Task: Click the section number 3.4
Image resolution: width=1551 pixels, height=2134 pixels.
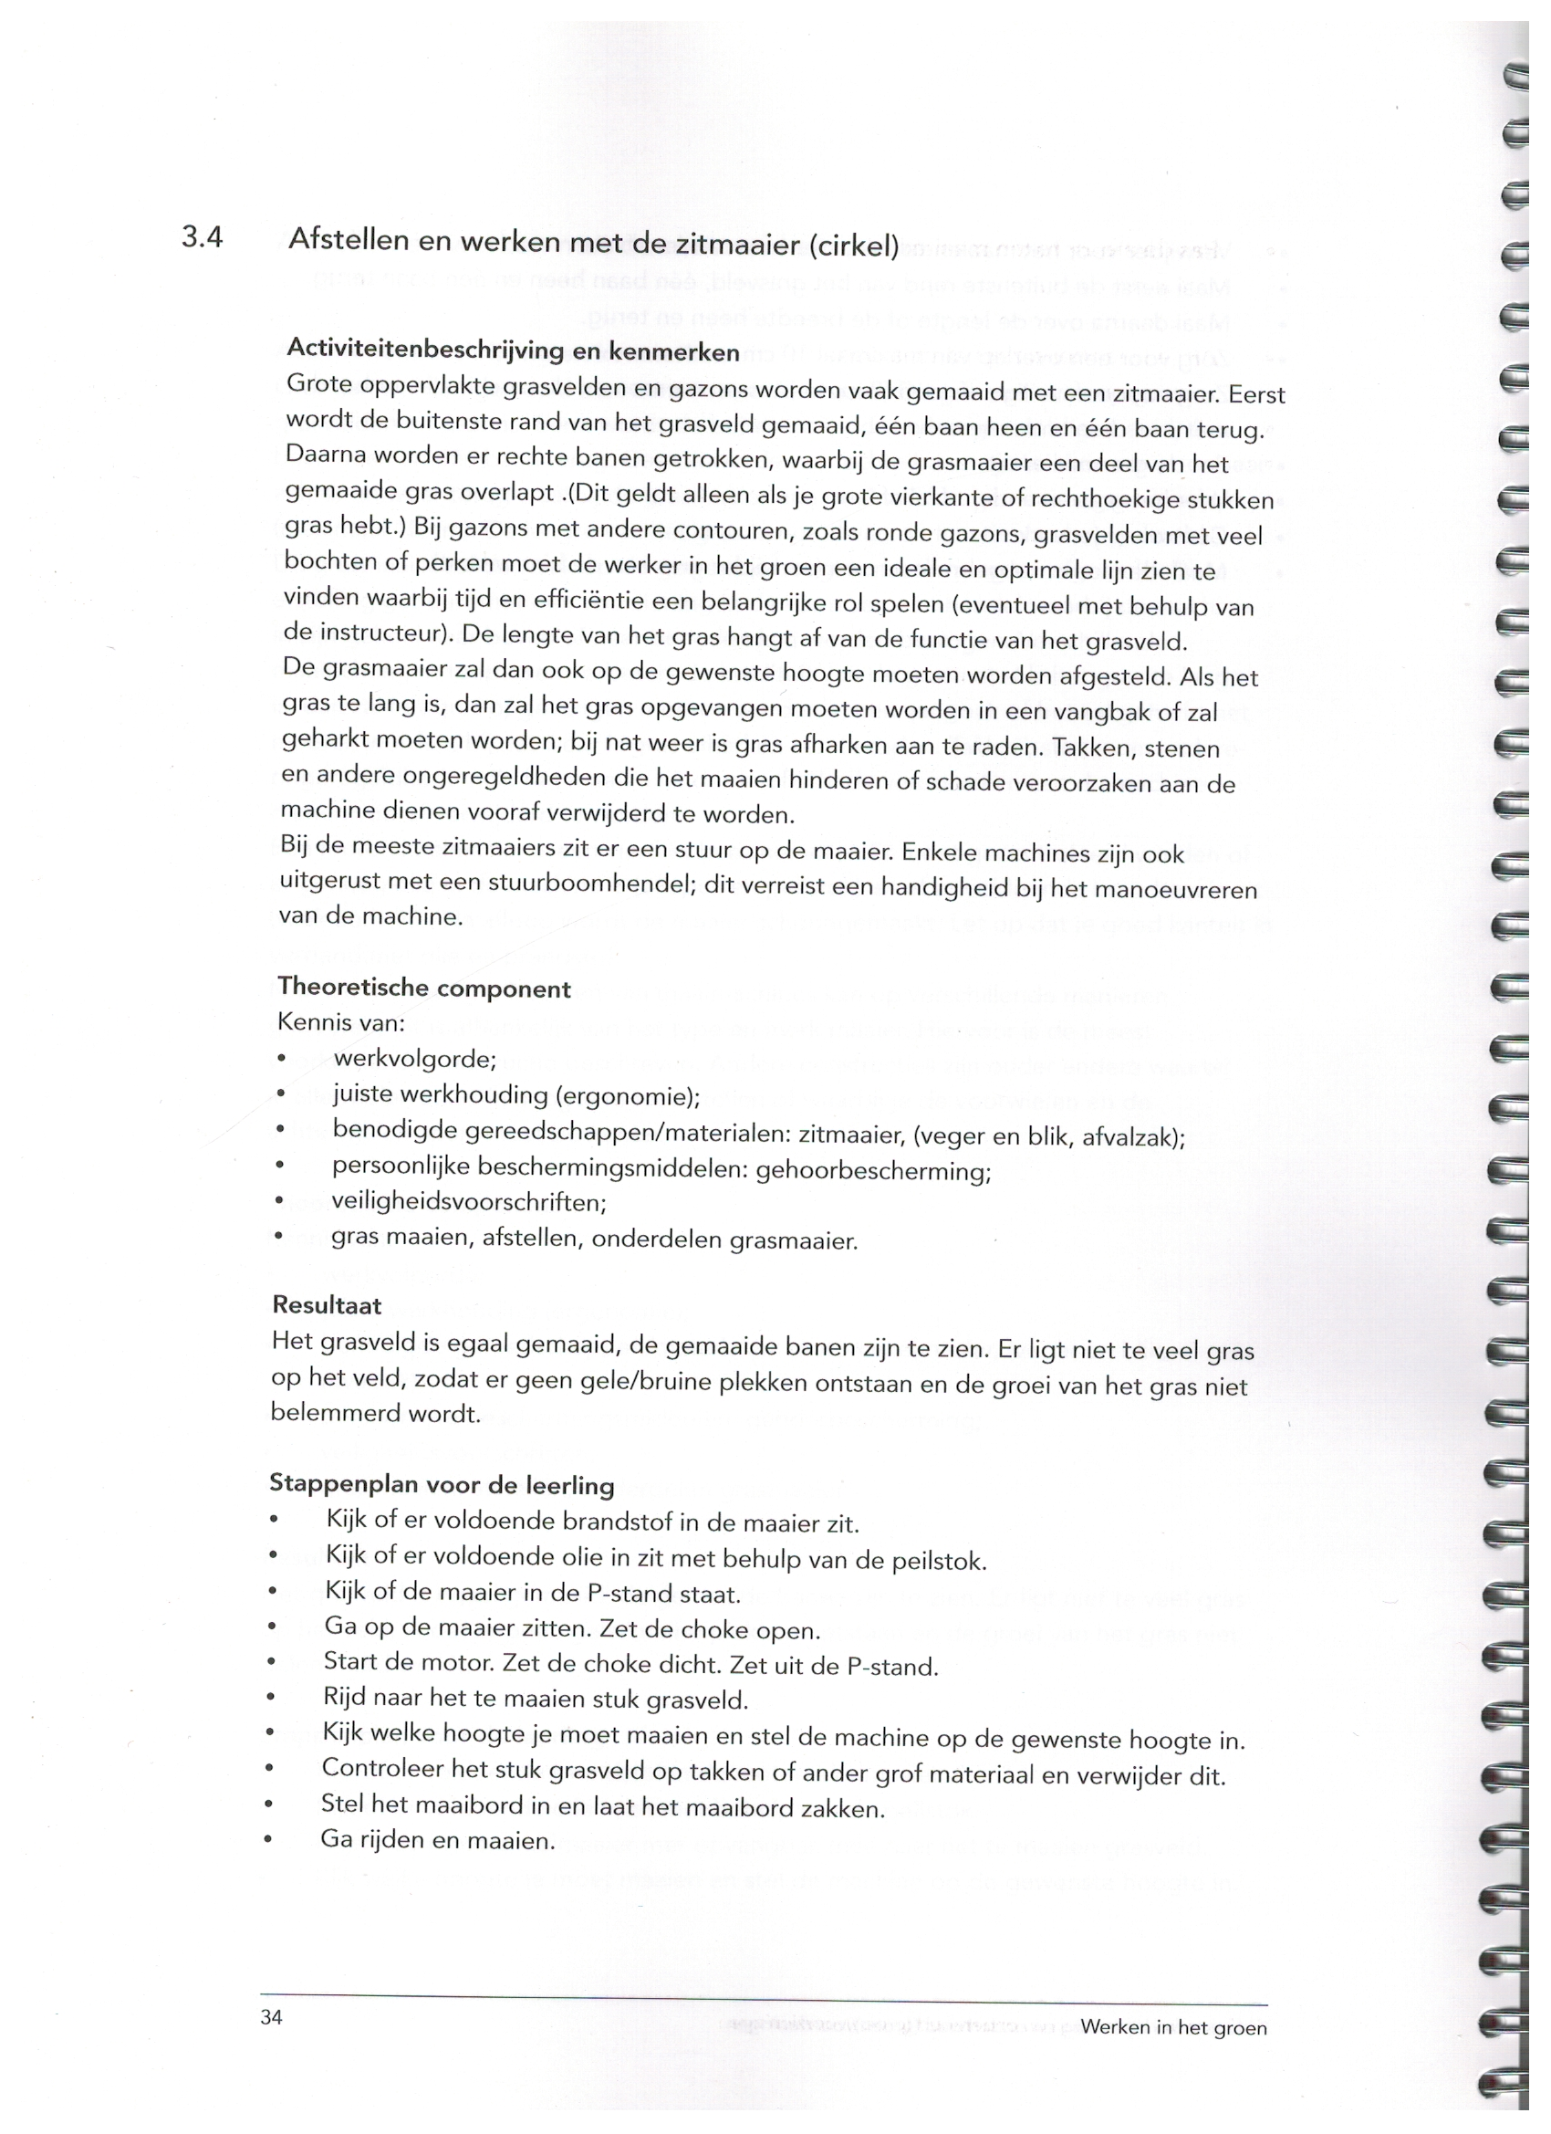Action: click(203, 237)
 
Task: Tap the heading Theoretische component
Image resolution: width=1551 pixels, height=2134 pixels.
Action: click(424, 988)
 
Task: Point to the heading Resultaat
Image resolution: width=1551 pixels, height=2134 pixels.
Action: click(327, 1305)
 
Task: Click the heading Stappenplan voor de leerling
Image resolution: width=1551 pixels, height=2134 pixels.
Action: click(442, 1485)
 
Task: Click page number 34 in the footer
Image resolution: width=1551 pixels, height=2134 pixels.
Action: click(272, 2016)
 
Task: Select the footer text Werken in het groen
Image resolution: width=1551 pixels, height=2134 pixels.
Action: click(1173, 2026)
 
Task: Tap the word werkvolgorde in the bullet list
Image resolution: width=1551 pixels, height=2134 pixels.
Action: click(414, 1059)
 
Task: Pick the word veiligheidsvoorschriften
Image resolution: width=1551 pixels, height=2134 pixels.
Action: click(468, 1202)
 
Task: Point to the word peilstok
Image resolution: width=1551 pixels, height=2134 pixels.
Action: click(937, 1562)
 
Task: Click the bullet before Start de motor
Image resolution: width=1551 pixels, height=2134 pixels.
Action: click(272, 1663)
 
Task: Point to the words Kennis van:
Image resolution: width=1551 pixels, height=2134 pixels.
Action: click(340, 1022)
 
